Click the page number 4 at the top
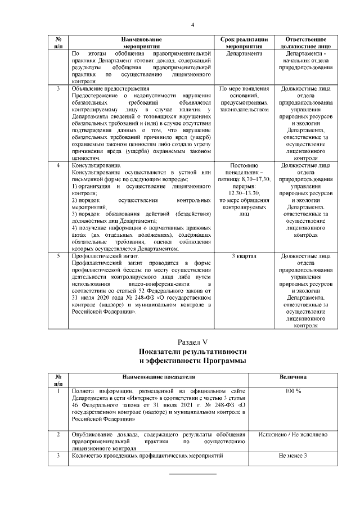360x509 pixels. (x=192, y=25)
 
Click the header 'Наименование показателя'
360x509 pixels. (x=156, y=377)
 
